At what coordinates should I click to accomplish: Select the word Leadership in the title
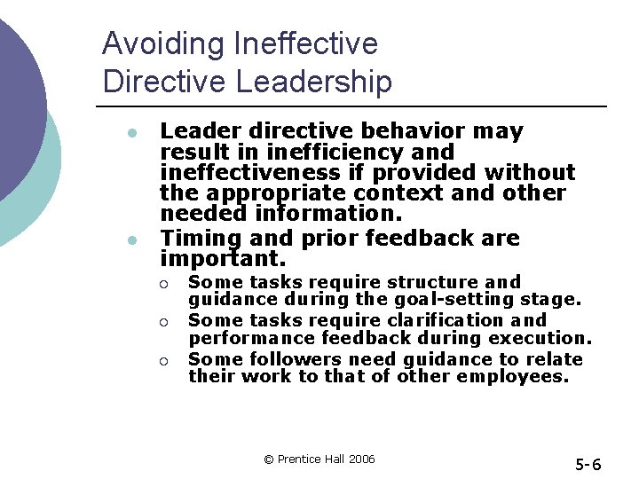pyautogui.click(x=314, y=82)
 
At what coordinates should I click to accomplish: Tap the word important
pyautogui.click(x=223, y=259)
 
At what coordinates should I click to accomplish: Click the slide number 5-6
pyautogui.click(x=588, y=464)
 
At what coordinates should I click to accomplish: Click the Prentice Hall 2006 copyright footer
pyautogui.click(x=319, y=459)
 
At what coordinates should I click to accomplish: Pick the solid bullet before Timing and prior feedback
pyautogui.click(x=130, y=239)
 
